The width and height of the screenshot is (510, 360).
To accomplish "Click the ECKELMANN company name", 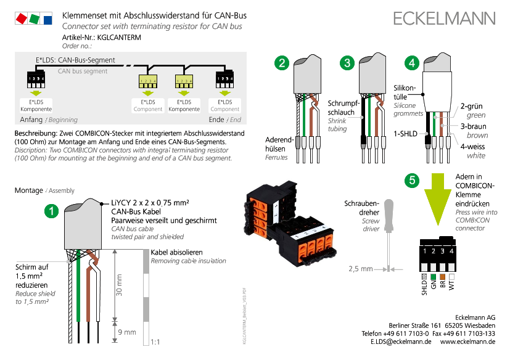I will [x=444, y=18].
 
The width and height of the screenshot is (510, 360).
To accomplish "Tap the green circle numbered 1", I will [x=52, y=211].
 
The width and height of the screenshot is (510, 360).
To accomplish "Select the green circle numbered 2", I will [x=282, y=62].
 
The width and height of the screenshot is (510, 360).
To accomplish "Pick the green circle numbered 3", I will [x=348, y=62].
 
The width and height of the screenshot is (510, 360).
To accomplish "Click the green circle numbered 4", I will [x=412, y=62].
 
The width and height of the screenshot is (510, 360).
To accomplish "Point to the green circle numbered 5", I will [x=413, y=180].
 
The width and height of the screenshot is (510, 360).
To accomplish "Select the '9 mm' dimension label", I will [x=126, y=332].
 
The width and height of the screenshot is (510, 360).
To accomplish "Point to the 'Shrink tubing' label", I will [x=337, y=125].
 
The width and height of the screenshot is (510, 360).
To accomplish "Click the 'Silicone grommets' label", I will [x=404, y=109].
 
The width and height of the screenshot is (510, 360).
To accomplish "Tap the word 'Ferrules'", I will [x=276, y=157].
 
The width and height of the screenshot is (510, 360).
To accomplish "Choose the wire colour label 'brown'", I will [x=477, y=135].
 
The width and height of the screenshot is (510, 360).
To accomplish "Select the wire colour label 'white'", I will [x=476, y=155].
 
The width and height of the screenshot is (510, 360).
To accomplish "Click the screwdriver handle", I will [x=389, y=213].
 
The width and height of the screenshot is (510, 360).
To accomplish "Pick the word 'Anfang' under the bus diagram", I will [x=31, y=120].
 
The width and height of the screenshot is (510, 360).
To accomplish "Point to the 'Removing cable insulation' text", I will [x=188, y=261].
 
